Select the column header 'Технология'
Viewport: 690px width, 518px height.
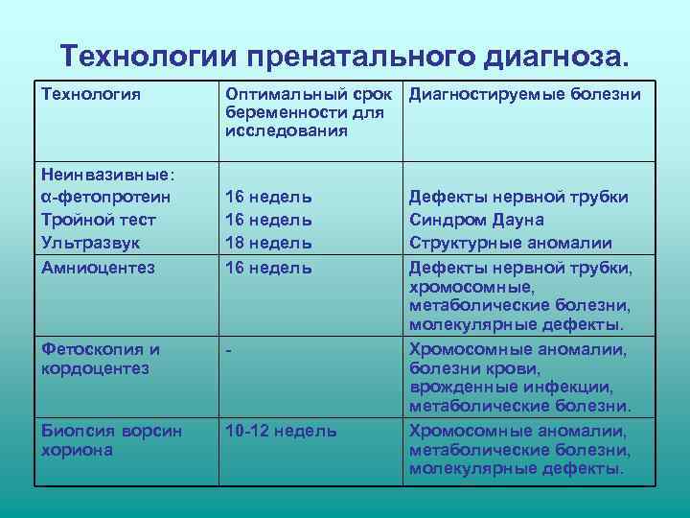[91, 95]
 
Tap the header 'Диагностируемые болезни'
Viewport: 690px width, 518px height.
[525, 95]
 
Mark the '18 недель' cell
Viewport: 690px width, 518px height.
[268, 243]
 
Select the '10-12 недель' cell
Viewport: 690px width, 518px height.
[281, 431]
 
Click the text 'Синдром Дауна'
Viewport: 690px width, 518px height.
[476, 220]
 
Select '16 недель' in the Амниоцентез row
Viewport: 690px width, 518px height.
[268, 267]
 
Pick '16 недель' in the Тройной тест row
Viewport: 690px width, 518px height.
[268, 220]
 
